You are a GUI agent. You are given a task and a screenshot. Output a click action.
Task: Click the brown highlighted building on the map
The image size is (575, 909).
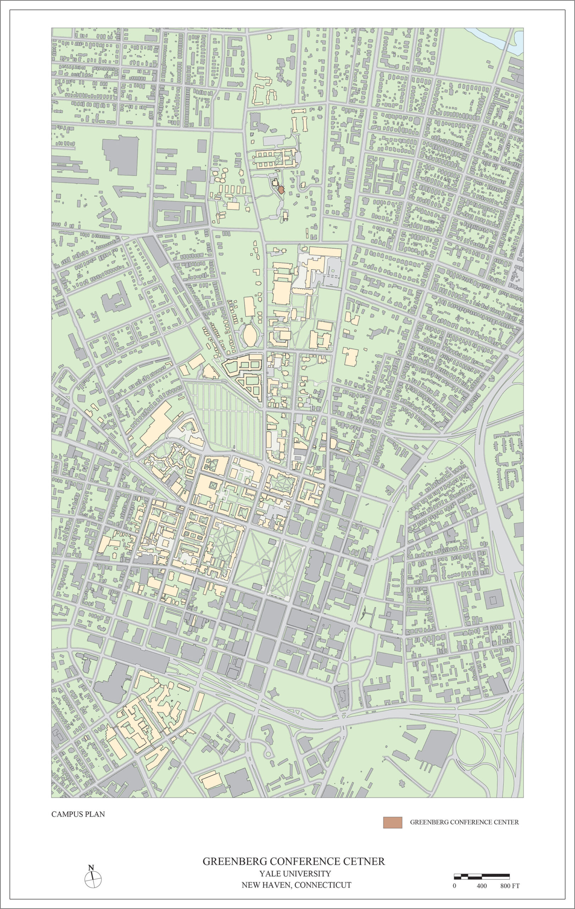coord(281,190)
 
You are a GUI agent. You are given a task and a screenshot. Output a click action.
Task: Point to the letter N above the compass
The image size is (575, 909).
coord(91,865)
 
